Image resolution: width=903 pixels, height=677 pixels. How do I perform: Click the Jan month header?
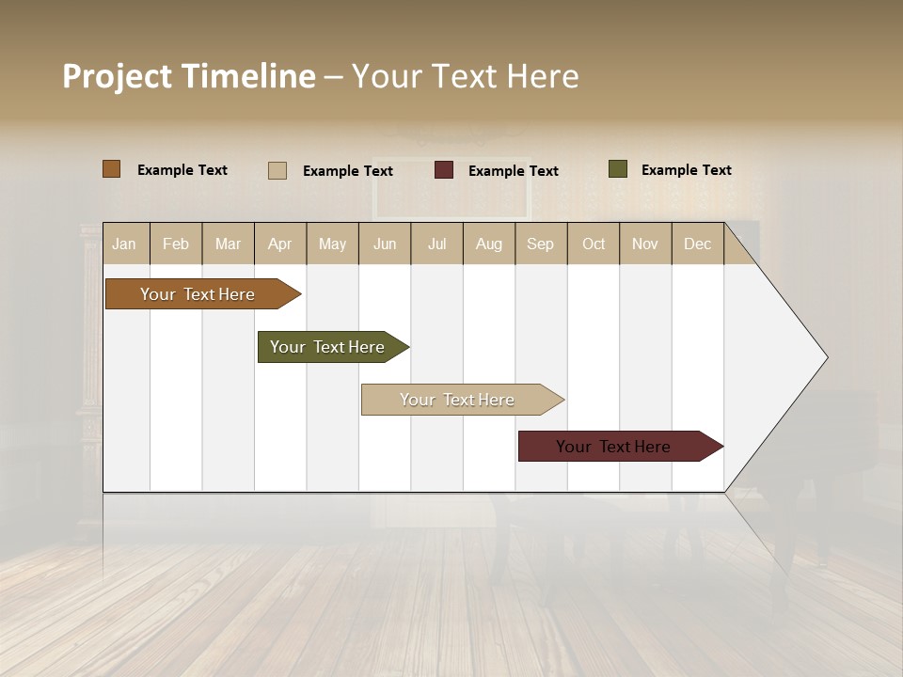pos(124,244)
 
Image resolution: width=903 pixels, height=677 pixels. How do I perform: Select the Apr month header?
pos(280,244)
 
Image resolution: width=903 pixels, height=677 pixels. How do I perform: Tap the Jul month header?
pos(437,244)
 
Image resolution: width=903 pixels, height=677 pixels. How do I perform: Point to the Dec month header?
pos(698,244)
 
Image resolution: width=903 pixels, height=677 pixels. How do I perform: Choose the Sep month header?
pos(541,244)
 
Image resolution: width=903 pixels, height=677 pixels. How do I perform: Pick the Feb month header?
pos(176,244)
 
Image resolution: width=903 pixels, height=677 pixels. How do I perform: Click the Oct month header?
pos(594,244)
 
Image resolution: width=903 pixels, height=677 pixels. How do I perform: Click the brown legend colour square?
pos(112,169)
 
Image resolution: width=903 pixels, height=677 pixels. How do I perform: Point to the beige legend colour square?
pos(277,170)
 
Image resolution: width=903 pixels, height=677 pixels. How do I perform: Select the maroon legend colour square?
pos(444,170)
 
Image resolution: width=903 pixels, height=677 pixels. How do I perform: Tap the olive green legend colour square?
pos(618,169)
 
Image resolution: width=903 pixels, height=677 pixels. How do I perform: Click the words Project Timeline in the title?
pos(189,76)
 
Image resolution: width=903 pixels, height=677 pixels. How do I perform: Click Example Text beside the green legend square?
pos(687,170)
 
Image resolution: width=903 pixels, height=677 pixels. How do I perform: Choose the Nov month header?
pos(645,244)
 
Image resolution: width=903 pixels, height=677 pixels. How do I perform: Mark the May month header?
pos(332,244)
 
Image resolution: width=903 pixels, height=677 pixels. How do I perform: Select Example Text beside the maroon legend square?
pos(514,171)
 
